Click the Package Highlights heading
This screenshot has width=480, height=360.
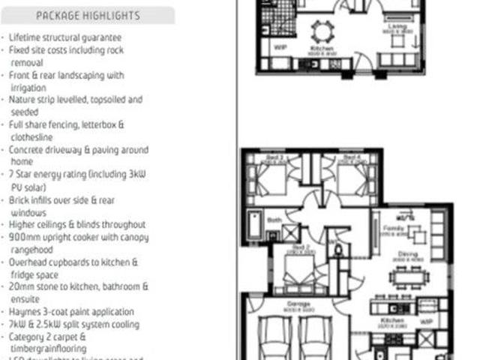coord(88,15)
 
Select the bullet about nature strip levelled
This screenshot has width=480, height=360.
coord(75,99)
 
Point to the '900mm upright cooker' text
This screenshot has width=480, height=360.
coord(79,237)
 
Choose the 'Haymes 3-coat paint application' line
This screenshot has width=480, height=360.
coord(72,311)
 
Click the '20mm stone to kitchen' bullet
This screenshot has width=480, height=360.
coord(79,286)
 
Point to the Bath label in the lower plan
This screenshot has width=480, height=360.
coord(274,220)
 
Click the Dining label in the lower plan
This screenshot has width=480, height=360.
coord(408,254)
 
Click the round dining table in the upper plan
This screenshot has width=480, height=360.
coord(321,32)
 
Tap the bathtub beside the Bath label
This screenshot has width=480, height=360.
coord(254,225)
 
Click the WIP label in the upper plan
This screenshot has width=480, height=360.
coord(281,46)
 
